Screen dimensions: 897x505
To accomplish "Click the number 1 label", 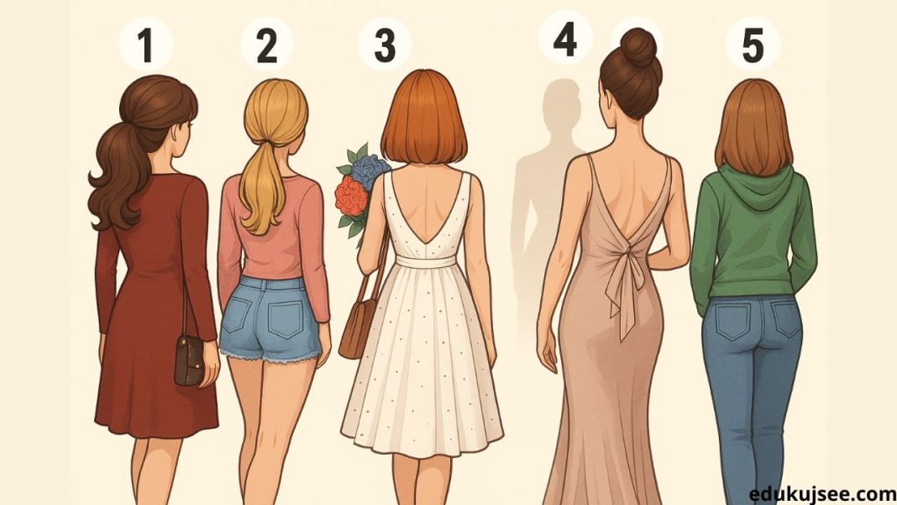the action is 146,45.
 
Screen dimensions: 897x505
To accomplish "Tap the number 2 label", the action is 266,45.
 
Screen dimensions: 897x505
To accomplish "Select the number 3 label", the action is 385,45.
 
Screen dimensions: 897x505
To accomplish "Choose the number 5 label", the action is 753,45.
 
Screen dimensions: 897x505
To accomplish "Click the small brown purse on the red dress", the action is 189,360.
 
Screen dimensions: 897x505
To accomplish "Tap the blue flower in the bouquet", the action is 370,170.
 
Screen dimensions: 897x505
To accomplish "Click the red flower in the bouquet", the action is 351,197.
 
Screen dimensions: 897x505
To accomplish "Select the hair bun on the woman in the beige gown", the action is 637,47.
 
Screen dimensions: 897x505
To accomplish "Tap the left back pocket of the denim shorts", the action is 237,315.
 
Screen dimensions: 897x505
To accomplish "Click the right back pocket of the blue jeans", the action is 784,318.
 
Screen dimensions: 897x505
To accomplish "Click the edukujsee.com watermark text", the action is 822,494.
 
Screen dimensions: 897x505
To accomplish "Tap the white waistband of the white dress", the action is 426,261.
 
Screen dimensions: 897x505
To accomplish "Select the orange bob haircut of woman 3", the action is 424,118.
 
